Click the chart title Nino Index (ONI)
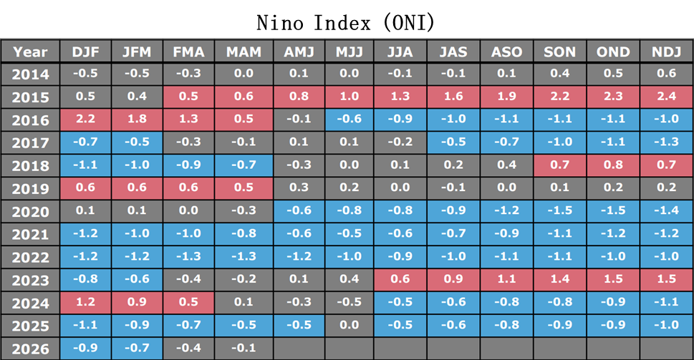346,22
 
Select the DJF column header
85,52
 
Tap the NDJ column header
667,52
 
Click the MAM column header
244,52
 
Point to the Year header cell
30,52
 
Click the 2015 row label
30,97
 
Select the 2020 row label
30,212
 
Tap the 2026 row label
30,349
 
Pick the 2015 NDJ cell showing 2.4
667,97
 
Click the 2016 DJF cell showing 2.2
85,120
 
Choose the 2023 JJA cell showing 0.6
400,280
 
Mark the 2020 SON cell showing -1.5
560,211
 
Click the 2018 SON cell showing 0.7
560,165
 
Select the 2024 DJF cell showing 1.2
85,303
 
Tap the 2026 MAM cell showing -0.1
244,349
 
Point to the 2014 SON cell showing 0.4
560,74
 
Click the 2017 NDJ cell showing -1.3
667,142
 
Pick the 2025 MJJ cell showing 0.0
350,326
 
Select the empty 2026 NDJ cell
667,349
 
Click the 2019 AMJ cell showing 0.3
299,188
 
